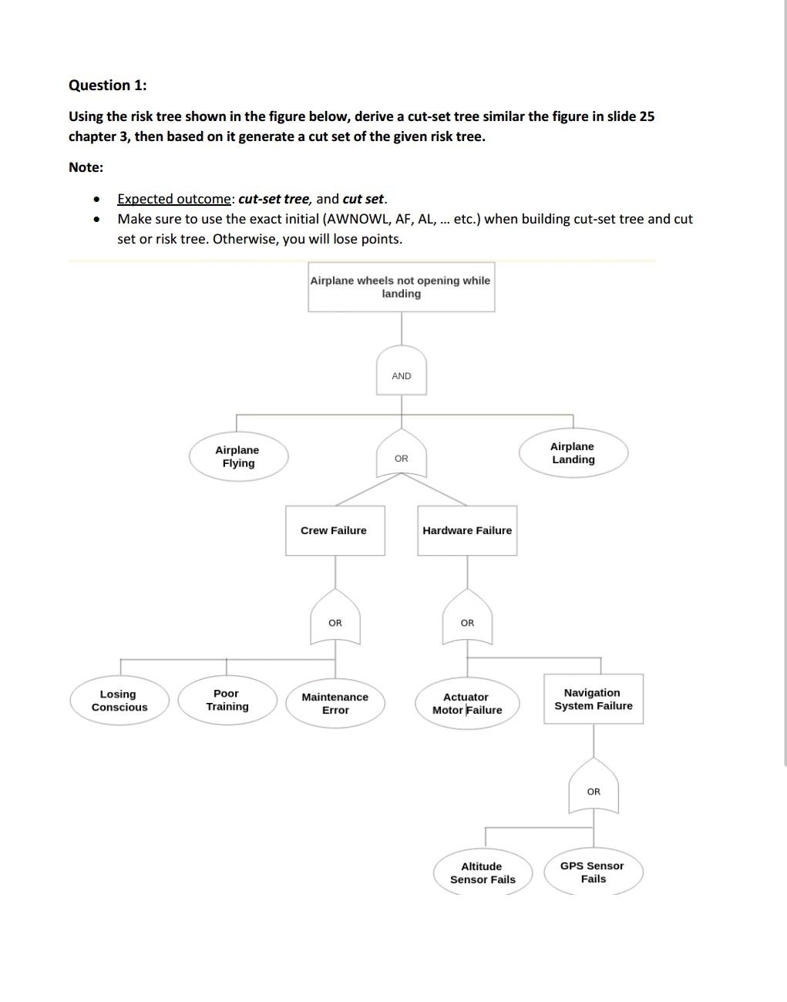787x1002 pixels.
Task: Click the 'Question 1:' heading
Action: tap(107, 86)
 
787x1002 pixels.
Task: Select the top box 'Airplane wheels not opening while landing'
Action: tap(401, 287)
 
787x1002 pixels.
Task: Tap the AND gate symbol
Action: tap(401, 375)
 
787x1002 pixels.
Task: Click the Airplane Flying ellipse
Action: tap(238, 456)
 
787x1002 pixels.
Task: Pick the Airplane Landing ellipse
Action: tap(573, 453)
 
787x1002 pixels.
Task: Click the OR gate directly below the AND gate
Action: tap(401, 458)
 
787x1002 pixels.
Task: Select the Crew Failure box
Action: tap(335, 530)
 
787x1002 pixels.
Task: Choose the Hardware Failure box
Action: tap(467, 530)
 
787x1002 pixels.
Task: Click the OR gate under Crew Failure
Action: tap(335, 621)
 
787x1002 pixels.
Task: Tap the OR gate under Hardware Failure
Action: tap(467, 621)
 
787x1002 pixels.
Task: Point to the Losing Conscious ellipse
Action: tap(119, 701)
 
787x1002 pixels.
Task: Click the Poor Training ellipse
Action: tap(227, 700)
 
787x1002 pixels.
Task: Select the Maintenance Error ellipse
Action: tap(335, 703)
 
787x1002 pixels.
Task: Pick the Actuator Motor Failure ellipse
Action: tap(467, 703)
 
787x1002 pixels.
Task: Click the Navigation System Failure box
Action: tap(594, 699)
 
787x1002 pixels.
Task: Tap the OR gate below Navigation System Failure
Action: tap(594, 790)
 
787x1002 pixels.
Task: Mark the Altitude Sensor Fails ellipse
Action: tap(483, 873)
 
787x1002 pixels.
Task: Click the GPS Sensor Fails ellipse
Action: tap(593, 872)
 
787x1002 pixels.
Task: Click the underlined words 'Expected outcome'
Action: tap(174, 199)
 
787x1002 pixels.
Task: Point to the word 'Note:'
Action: tap(86, 167)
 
